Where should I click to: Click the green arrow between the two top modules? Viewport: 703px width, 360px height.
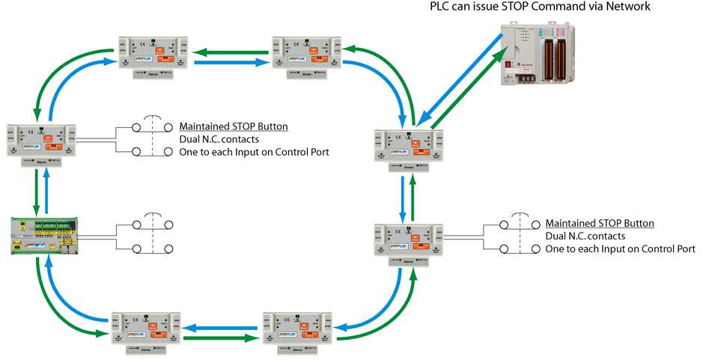231,52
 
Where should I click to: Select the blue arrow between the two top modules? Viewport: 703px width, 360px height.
231,63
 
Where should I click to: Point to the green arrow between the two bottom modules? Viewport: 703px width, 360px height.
220,338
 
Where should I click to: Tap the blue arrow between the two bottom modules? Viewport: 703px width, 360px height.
220,327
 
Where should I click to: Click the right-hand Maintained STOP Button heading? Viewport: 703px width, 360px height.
600,224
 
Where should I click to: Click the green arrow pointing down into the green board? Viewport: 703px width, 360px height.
35,192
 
